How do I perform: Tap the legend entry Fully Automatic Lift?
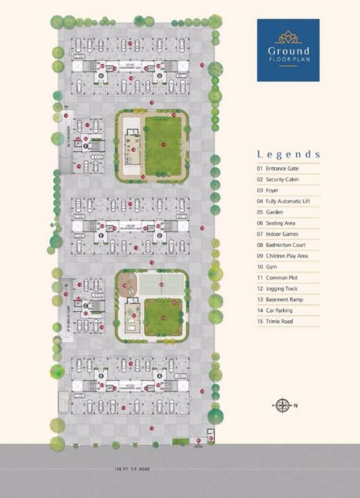click(285, 201)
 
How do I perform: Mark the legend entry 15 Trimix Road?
click(280, 321)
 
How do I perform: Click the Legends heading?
click(288, 154)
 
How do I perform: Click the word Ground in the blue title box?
click(288, 51)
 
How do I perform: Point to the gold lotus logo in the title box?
click(288, 36)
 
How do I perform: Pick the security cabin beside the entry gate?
click(211, 435)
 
